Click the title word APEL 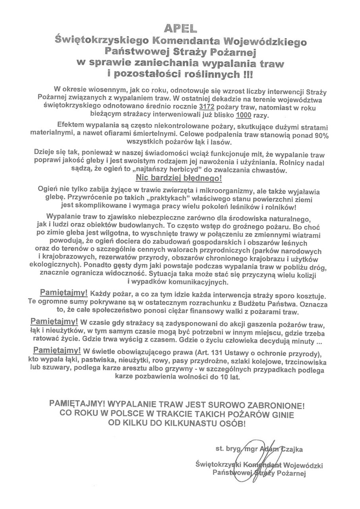pos(180,29)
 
